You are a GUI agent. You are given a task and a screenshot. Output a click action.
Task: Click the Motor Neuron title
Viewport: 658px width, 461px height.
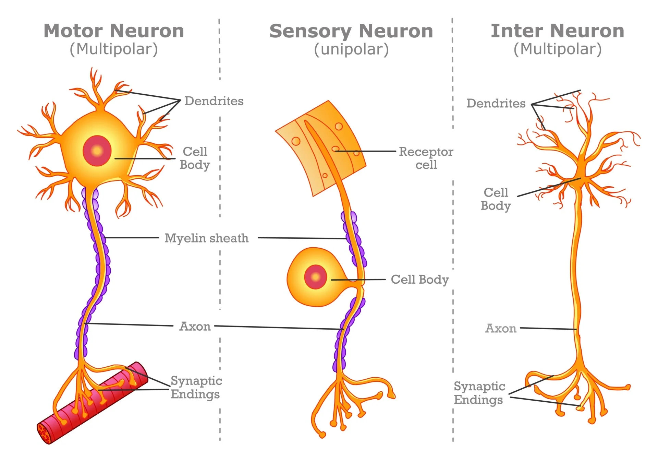click(114, 31)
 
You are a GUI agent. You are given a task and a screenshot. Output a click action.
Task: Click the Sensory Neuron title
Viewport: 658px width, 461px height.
click(351, 31)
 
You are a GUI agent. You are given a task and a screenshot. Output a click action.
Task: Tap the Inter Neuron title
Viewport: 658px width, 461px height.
click(558, 31)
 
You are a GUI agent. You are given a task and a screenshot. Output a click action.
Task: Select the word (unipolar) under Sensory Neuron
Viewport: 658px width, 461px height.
click(351, 49)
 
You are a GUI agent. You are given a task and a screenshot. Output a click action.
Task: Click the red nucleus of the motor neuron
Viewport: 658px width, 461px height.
click(97, 151)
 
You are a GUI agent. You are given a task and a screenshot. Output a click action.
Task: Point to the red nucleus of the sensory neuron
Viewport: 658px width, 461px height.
click(315, 277)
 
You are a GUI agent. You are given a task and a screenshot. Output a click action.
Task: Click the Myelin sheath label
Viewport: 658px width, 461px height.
click(207, 238)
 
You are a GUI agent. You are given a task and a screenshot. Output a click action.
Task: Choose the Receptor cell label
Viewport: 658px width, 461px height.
click(426, 158)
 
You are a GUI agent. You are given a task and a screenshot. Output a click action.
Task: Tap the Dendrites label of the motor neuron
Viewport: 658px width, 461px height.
click(214, 101)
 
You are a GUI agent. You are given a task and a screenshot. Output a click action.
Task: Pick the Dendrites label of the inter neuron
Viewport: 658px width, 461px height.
click(496, 103)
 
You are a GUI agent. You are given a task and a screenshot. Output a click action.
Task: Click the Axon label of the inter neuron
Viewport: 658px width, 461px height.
click(501, 329)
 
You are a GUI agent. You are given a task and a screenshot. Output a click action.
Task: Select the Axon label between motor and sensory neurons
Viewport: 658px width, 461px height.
click(195, 326)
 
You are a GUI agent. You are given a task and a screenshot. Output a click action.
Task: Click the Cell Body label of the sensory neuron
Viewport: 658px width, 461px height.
click(420, 280)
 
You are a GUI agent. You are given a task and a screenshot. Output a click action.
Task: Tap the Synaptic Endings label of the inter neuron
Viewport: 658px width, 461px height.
click(479, 393)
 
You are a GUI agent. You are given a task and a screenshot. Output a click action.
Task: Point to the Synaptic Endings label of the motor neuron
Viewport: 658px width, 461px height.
click(196, 388)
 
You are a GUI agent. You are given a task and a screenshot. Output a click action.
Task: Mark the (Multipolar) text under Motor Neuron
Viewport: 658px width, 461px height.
click(114, 49)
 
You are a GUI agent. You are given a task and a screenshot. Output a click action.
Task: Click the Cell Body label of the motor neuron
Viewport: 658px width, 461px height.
click(195, 158)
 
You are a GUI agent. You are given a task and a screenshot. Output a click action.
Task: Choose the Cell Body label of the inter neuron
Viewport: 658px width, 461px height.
click(496, 199)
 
